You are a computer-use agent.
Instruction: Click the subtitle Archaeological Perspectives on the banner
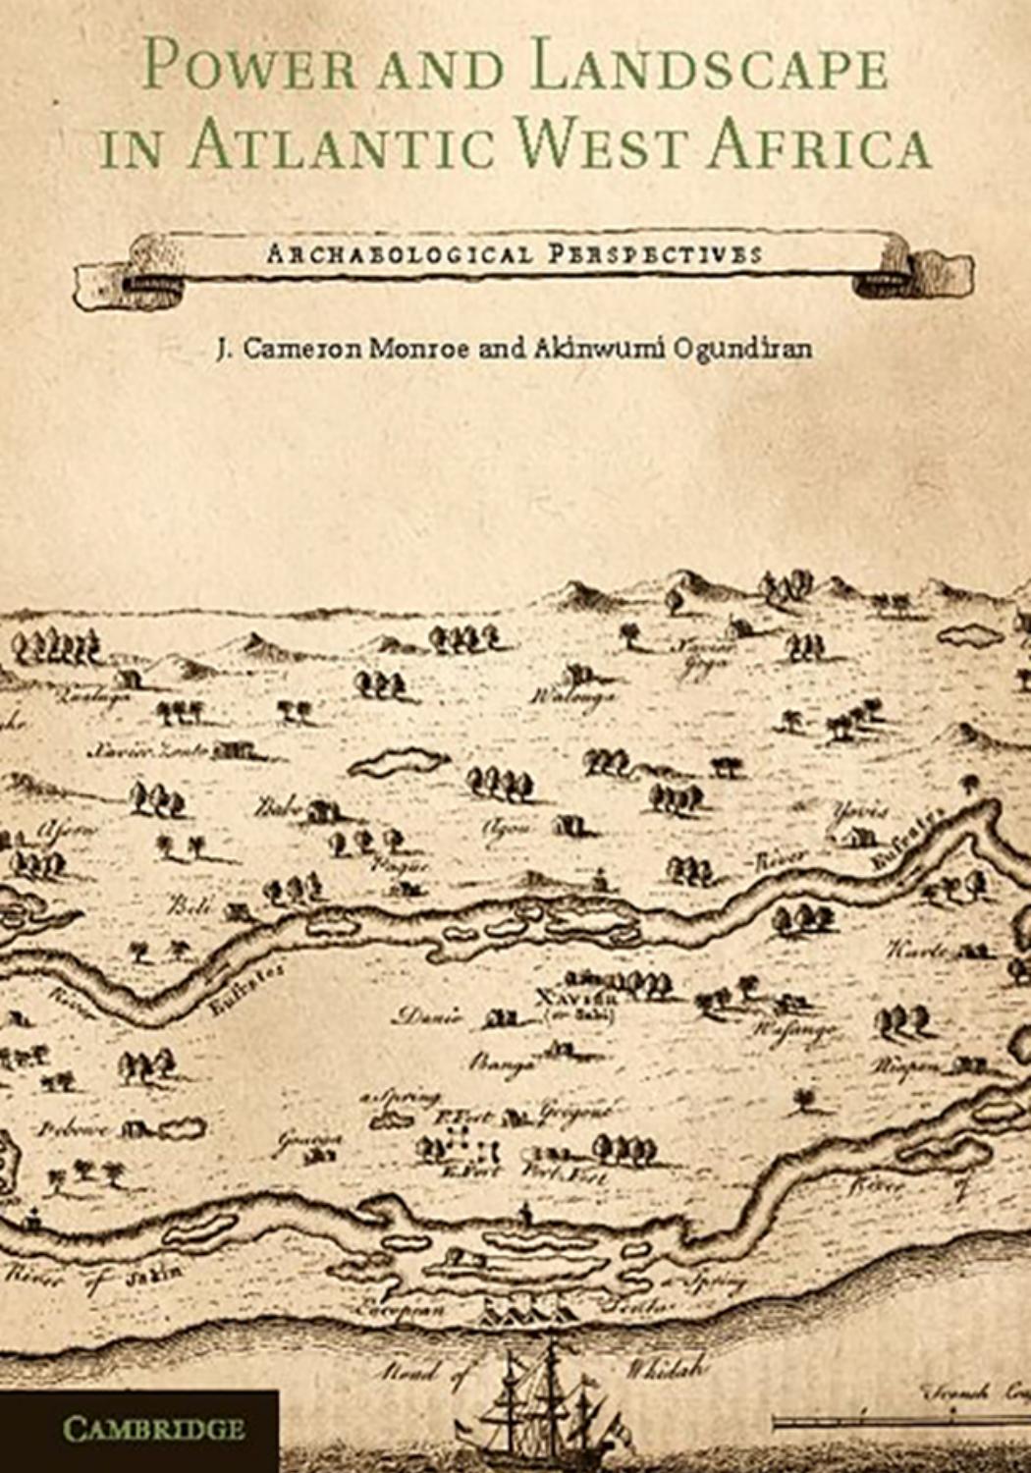pos(515,254)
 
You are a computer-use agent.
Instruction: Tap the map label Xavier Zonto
pos(147,751)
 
